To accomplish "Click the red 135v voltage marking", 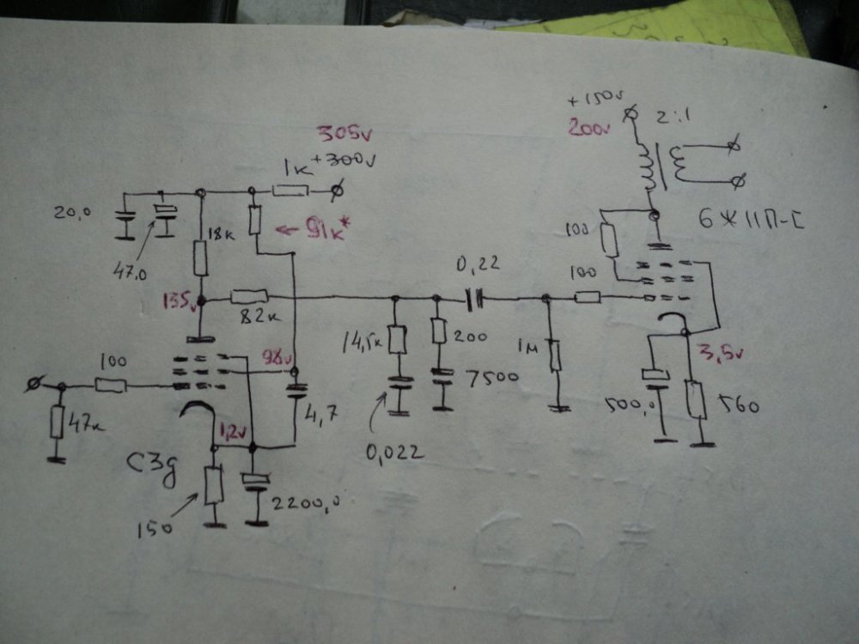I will click(180, 302).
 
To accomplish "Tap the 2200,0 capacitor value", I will click(302, 503).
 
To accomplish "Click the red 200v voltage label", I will click(586, 130).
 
